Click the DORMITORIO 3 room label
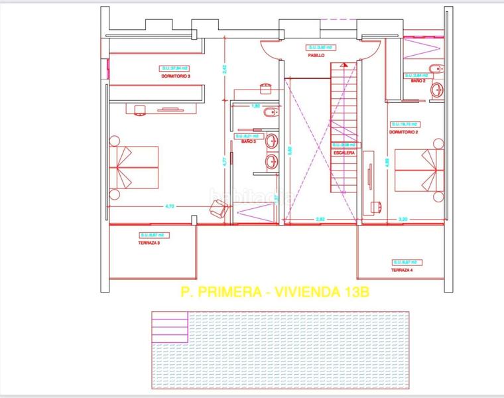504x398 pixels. pyautogui.click(x=175, y=76)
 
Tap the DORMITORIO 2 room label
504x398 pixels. pyautogui.click(x=404, y=132)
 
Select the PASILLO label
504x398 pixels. pyautogui.click(x=316, y=56)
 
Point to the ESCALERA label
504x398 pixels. pyautogui.click(x=344, y=153)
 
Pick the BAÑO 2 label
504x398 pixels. pyautogui.click(x=418, y=81)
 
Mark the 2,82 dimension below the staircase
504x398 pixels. pyautogui.click(x=320, y=218)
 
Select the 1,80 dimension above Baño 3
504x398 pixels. pyautogui.click(x=255, y=106)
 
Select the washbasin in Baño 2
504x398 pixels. pyautogui.click(x=436, y=90)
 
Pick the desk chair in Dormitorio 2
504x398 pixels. pyautogui.click(x=377, y=206)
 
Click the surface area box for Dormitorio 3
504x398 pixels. pyautogui.click(x=174, y=68)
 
